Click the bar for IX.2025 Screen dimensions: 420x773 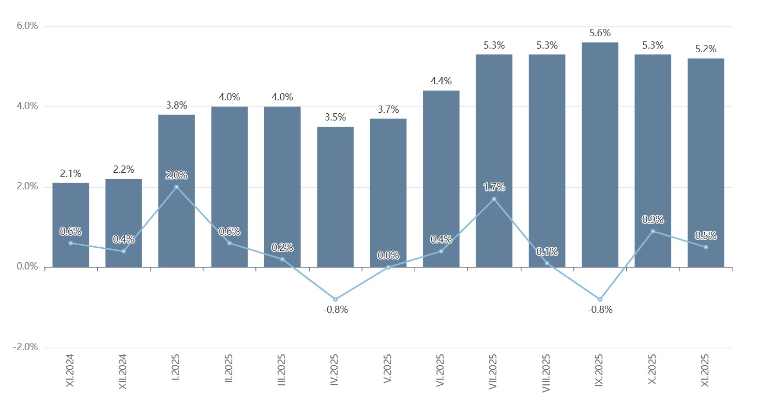pyautogui.click(x=600, y=155)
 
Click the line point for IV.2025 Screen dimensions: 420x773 pyautogui.click(x=335, y=299)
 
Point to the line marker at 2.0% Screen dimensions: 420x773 pyautogui.click(x=176, y=187)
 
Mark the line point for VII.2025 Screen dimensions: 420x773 pyautogui.click(x=494, y=199)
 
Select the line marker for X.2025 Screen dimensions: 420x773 pyautogui.click(x=653, y=231)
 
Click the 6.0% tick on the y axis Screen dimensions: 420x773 pyautogui.click(x=27, y=26)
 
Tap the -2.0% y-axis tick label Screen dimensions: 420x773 pyautogui.click(x=26, y=348)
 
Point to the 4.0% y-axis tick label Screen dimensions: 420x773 pyautogui.click(x=27, y=107)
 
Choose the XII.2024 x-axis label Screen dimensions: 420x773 pyautogui.click(x=123, y=371)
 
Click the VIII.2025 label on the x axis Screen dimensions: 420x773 pyautogui.click(x=547, y=373)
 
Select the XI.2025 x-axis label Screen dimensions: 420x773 pyautogui.click(x=706, y=371)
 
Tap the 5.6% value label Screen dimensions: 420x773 pyautogui.click(x=600, y=33)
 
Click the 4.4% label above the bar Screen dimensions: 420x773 pyautogui.click(x=441, y=81)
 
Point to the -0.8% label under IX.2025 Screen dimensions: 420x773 pyautogui.click(x=600, y=310)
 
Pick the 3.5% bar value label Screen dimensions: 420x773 pyautogui.click(x=335, y=117)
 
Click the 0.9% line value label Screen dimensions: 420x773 pyautogui.click(x=653, y=220)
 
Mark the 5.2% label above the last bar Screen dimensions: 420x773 pyautogui.click(x=706, y=49)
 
